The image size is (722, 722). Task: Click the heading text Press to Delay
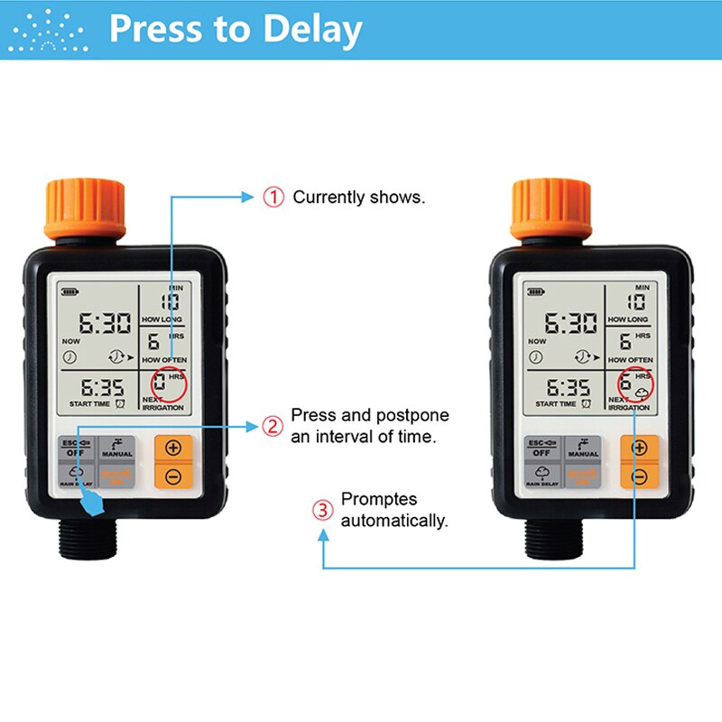coord(236,29)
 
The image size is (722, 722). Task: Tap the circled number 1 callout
coord(273,197)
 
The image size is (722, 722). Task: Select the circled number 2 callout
coord(273,426)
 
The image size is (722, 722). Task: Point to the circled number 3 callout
coord(322,510)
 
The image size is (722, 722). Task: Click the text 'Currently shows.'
coord(358,197)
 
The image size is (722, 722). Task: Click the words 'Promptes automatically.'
coord(394,510)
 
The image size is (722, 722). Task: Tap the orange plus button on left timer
coord(172,449)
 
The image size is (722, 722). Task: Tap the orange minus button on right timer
coord(639,476)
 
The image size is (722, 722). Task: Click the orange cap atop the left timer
coord(85,208)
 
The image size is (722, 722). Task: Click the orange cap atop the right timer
coord(552,208)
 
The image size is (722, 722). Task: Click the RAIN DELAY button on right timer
coord(545,476)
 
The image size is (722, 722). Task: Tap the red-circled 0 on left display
coord(161,384)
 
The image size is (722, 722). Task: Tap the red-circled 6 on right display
coord(626,384)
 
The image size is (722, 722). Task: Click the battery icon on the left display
coord(69,292)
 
